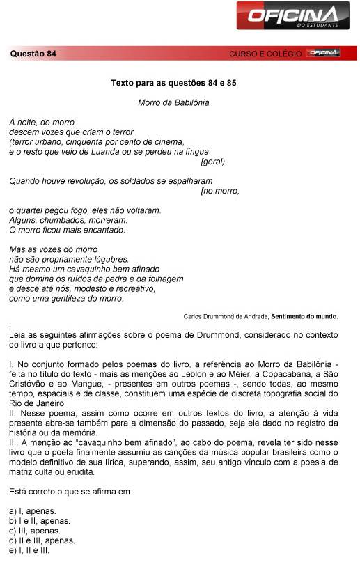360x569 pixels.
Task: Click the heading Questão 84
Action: point(33,54)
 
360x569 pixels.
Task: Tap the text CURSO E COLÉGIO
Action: point(265,54)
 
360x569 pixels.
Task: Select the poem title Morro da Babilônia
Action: point(174,102)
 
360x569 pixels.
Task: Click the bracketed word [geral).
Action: point(214,161)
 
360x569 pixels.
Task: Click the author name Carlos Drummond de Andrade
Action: point(226,316)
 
